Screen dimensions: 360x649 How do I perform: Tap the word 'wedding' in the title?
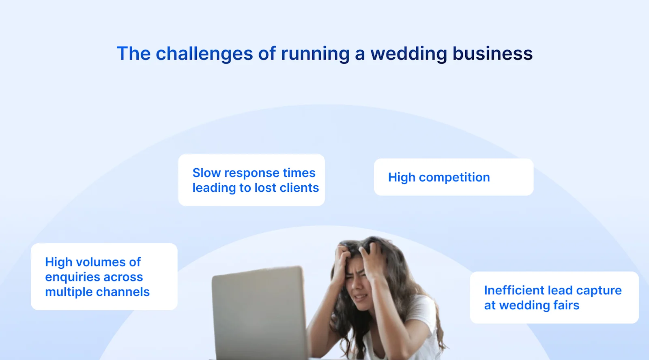pos(408,54)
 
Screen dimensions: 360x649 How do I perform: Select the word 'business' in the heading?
pos(492,54)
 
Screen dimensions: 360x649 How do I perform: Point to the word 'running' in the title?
pos(315,54)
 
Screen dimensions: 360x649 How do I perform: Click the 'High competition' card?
pos(453,177)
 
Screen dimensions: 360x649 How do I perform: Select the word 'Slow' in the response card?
pos(206,173)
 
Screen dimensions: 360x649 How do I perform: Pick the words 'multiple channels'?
pos(97,292)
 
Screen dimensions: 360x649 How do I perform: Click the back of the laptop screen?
pos(260,312)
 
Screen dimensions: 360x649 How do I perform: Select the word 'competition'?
pos(454,177)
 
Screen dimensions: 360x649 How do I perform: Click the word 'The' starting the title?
pos(133,54)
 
